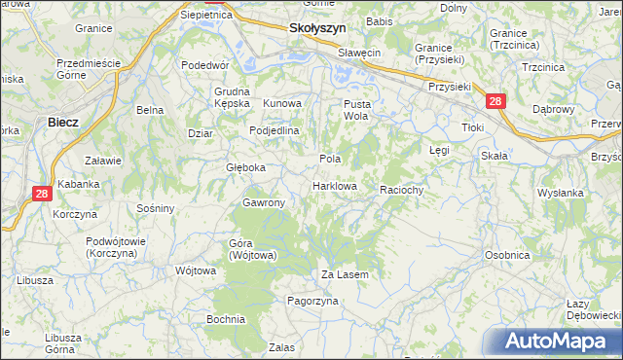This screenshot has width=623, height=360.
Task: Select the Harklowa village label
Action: pyautogui.click(x=335, y=186)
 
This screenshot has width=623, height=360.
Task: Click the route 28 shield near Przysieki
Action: pyautogui.click(x=495, y=100)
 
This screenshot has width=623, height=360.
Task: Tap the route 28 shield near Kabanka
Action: pyautogui.click(x=41, y=194)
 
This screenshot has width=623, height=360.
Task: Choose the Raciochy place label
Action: pyautogui.click(x=401, y=190)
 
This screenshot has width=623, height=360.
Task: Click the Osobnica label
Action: pyautogui.click(x=507, y=255)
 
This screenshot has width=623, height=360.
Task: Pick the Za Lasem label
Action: pyautogui.click(x=346, y=275)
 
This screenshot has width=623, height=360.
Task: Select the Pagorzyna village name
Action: pyautogui.click(x=311, y=302)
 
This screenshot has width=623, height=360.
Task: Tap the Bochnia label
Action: pyautogui.click(x=225, y=319)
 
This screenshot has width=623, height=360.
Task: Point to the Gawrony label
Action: pyautogui.click(x=263, y=202)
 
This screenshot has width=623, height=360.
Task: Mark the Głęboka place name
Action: pyautogui.click(x=245, y=167)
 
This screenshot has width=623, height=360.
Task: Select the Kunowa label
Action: pyautogui.click(x=283, y=103)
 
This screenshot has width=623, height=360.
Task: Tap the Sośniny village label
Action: pyautogui.click(x=156, y=208)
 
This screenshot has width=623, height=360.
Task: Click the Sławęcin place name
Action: pyautogui.click(x=359, y=52)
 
